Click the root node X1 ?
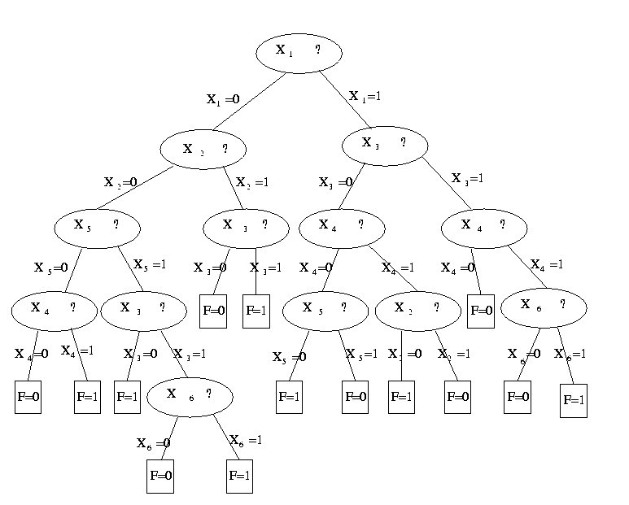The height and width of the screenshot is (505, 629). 299,52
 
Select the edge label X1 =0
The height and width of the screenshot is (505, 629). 223,100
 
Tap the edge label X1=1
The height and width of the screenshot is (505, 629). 365,96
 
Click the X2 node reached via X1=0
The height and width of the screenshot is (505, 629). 203,150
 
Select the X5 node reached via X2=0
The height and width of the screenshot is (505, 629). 98,225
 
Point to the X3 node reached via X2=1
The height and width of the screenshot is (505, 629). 245,226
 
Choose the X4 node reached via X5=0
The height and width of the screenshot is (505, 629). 55,308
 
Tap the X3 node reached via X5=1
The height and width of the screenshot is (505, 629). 144,308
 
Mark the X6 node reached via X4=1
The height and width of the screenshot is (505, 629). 543,306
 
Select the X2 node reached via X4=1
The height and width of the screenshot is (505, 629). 418,308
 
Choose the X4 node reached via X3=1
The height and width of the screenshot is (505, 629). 484,226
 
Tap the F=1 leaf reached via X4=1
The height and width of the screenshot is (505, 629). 87,398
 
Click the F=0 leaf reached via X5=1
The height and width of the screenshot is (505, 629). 355,398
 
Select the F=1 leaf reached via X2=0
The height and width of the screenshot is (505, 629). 401,398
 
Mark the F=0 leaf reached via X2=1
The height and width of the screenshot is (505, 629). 458,398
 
